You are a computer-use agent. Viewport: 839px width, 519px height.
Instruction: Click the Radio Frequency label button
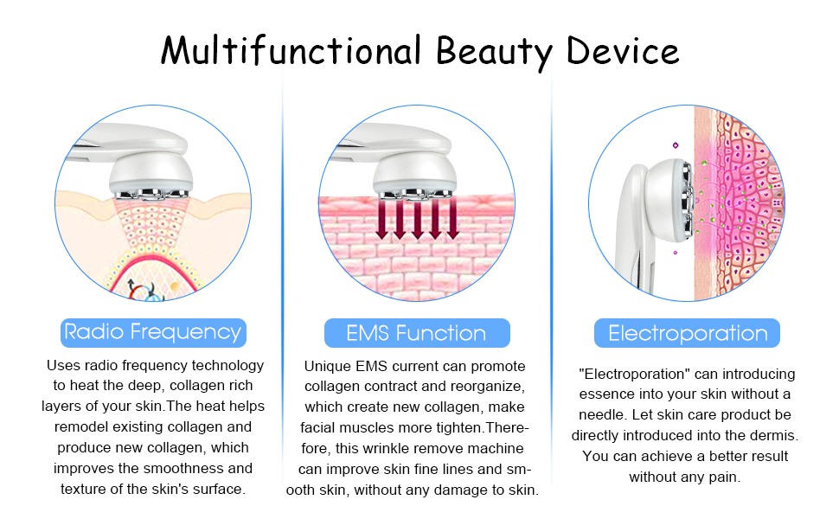[x=153, y=332]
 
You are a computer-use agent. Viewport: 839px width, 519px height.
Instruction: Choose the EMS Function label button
[x=416, y=333]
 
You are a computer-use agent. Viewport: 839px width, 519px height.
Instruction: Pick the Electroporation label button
[x=688, y=333]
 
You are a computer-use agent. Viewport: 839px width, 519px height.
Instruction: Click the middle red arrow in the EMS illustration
[x=417, y=221]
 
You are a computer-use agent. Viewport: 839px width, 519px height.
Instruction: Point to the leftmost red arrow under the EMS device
[x=382, y=221]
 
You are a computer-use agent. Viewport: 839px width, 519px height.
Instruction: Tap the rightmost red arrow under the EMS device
[x=452, y=221]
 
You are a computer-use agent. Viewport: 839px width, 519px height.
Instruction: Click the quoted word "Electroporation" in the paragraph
[x=624, y=375]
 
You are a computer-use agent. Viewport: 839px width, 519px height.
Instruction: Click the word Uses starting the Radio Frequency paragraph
[x=63, y=366]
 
